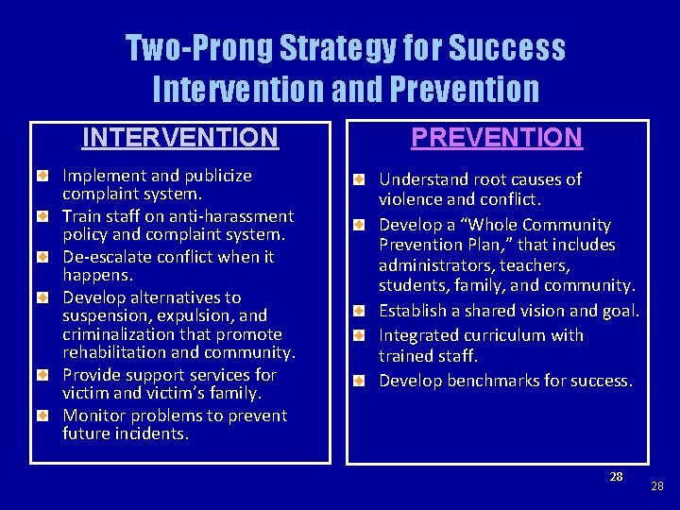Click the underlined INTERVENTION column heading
pyautogui.click(x=179, y=138)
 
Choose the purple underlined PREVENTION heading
pyautogui.click(x=497, y=138)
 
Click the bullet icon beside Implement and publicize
pyautogui.click(x=43, y=177)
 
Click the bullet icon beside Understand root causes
pyautogui.click(x=360, y=179)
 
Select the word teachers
pyautogui.click(x=532, y=265)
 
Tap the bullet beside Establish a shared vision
pyautogui.click(x=360, y=311)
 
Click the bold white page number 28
pyautogui.click(x=616, y=476)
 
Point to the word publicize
pyautogui.click(x=214, y=176)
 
